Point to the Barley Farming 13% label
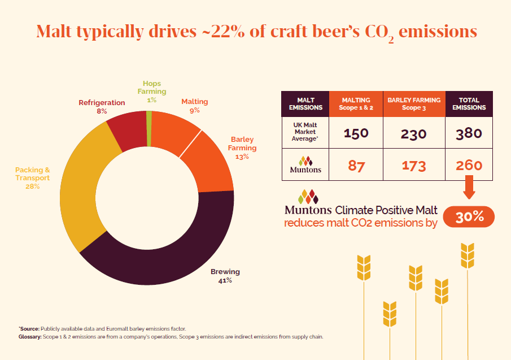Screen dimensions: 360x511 tap(243, 148)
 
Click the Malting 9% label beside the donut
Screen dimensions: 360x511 tap(194, 106)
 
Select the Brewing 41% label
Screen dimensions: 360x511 tap(225, 276)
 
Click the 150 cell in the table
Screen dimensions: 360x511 tap(356, 133)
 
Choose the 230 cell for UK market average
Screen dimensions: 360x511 tap(414, 134)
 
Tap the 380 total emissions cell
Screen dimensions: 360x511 tap(469, 133)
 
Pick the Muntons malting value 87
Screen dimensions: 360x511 tap(356, 166)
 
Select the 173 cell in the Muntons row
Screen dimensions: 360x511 tap(414, 166)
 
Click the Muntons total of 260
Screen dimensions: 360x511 tap(469, 165)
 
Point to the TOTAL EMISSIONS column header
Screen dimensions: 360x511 tap(469, 103)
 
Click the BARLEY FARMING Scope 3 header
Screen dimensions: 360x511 tap(414, 103)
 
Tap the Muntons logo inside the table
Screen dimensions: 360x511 tap(305, 164)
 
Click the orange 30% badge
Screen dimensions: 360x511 tap(469, 217)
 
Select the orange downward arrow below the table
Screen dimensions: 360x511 tap(469, 188)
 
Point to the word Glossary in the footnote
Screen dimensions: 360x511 tap(30, 337)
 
